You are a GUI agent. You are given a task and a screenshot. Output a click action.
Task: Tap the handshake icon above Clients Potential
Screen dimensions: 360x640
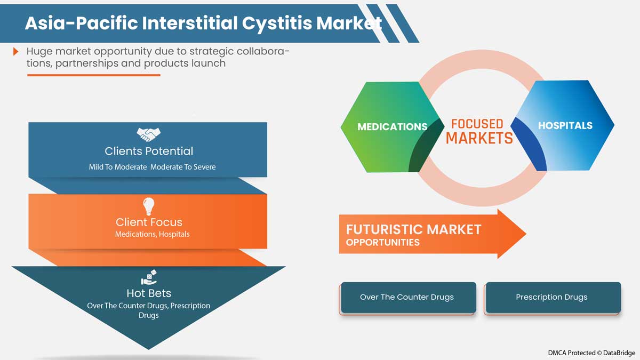[148, 133]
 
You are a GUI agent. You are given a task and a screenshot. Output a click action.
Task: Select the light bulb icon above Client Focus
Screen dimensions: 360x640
[148, 205]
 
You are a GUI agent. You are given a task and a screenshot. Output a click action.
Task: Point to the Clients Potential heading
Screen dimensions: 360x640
[149, 151]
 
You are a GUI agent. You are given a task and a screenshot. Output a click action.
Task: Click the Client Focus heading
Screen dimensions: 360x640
[149, 222]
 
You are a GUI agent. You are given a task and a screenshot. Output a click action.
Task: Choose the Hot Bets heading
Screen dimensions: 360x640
[149, 293]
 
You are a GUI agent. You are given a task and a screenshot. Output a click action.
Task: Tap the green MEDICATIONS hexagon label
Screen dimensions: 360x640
[392, 127]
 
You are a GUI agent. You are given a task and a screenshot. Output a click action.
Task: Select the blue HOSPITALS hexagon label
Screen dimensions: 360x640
[565, 126]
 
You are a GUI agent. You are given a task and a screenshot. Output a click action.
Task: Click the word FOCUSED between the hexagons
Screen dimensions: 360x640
[477, 124]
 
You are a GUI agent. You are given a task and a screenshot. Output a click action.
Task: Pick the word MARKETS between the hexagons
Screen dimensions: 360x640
[479, 139]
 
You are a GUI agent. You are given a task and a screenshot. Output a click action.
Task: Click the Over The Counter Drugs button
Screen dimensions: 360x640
[407, 297]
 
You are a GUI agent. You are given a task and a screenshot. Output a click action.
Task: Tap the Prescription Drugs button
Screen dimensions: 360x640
[551, 297]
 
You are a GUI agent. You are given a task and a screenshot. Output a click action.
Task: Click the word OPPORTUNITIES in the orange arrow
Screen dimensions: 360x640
[382, 243]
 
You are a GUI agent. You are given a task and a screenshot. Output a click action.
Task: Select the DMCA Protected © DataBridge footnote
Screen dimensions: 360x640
[591, 353]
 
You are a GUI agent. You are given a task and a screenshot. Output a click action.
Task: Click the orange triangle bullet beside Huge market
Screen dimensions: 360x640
[17, 52]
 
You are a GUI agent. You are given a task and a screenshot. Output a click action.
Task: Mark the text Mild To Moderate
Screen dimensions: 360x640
[117, 167]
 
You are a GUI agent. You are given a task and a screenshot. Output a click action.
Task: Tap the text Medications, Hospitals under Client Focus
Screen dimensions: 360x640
[152, 234]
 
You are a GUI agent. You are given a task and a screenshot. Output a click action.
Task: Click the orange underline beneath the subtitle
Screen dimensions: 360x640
[94, 75]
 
